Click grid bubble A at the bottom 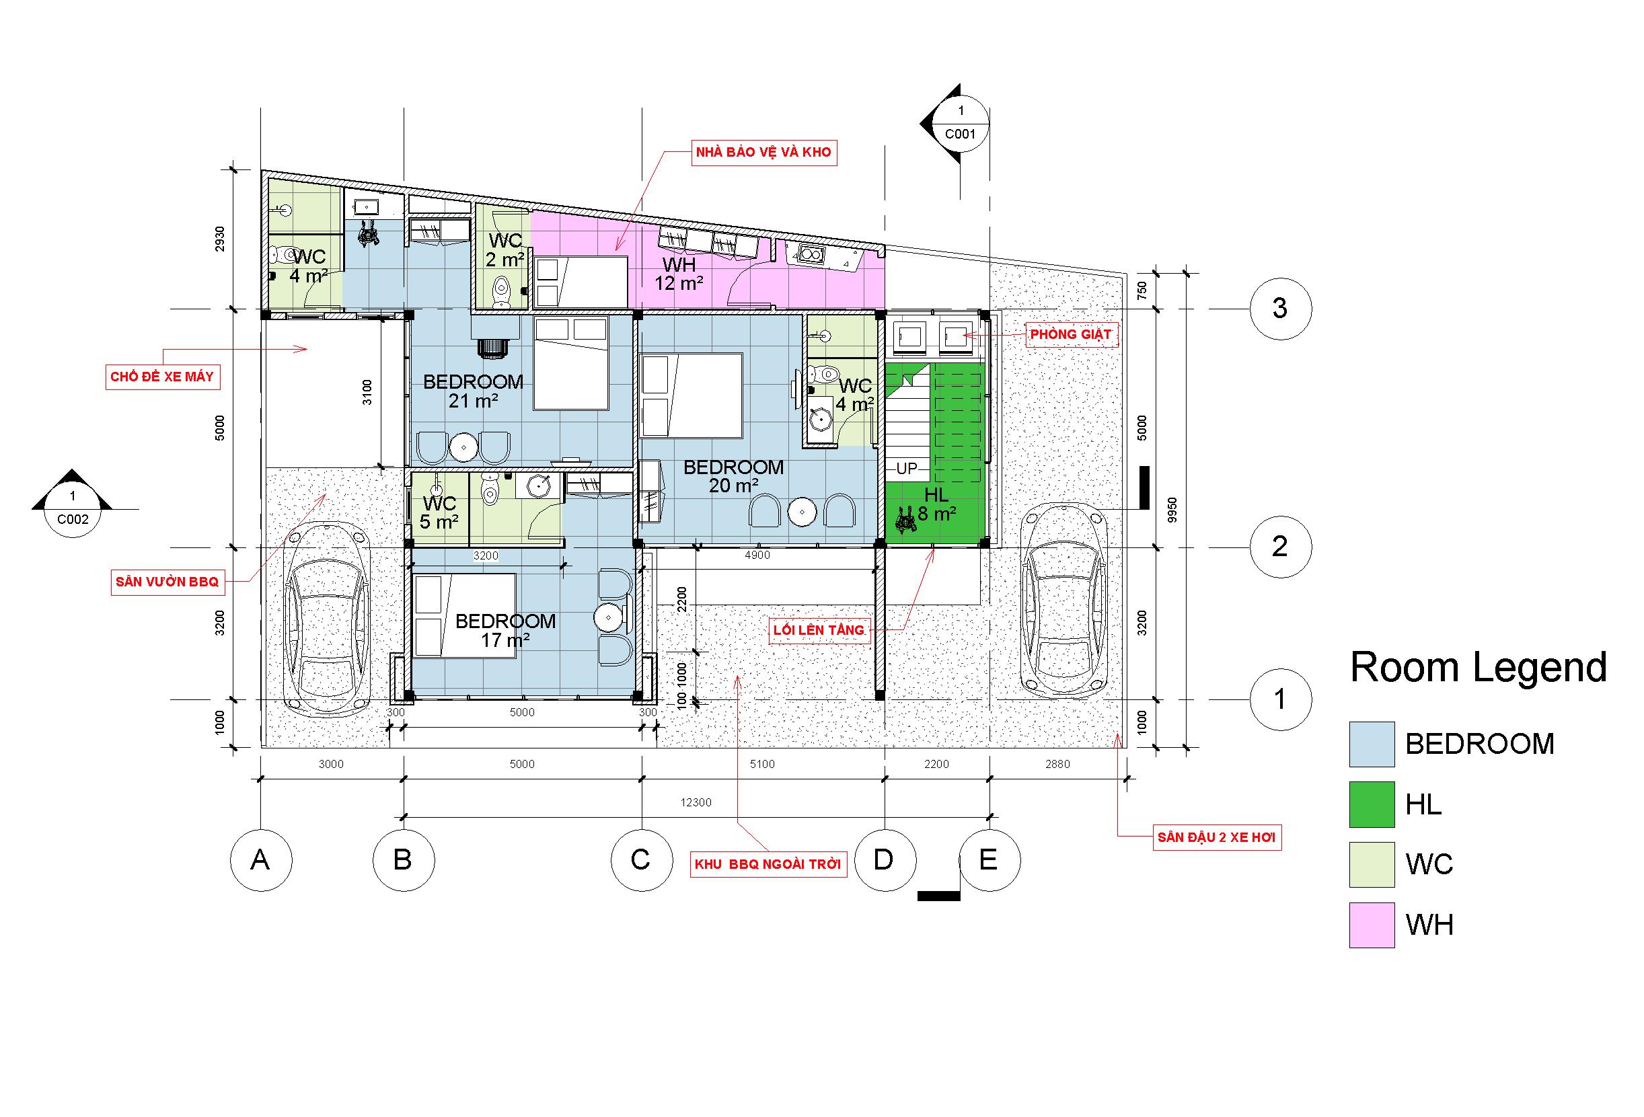tap(261, 860)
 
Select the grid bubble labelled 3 tap(1280, 309)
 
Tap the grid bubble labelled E tap(989, 860)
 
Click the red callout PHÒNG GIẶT tap(1071, 334)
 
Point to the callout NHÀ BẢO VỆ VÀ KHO tap(764, 152)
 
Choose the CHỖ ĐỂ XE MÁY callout tap(162, 377)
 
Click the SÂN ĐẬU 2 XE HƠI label tap(1217, 837)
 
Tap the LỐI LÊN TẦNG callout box tap(819, 630)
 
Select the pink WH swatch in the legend tap(1372, 925)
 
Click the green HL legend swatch tap(1372, 804)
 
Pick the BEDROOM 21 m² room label tap(474, 391)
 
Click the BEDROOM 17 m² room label tap(505, 630)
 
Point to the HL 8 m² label tap(936, 504)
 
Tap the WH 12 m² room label tap(679, 274)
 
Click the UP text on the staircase tap(907, 468)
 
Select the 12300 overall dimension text tap(696, 802)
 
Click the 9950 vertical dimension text tap(1172, 509)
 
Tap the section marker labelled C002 tap(72, 508)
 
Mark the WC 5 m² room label tap(439, 513)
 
